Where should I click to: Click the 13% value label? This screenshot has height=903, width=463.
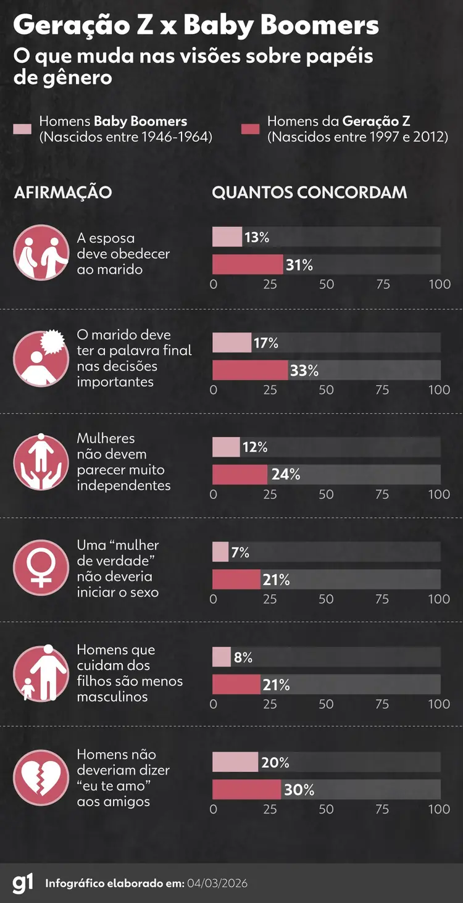257,238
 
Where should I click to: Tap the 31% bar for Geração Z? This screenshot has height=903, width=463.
248,265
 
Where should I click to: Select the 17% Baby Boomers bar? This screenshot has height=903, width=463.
231,343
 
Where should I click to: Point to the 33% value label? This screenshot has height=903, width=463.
304,370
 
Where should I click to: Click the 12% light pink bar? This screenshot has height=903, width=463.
226,447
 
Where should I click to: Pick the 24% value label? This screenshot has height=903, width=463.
286,475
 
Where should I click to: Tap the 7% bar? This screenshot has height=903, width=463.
220,552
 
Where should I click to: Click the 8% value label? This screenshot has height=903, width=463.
243,657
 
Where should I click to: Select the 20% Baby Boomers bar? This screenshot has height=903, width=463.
235,762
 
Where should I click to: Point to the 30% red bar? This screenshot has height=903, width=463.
246,789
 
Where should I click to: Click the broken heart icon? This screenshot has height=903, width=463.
41,778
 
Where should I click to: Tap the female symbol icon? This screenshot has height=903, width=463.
41,568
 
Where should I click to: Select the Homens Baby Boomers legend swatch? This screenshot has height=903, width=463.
22,129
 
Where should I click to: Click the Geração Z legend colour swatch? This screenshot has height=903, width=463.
251,129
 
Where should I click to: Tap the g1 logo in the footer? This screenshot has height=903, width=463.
23,883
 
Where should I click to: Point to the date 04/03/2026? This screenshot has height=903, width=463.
217,883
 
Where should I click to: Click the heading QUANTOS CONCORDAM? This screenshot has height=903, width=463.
309,192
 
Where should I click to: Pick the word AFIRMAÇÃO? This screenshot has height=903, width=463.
63,192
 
